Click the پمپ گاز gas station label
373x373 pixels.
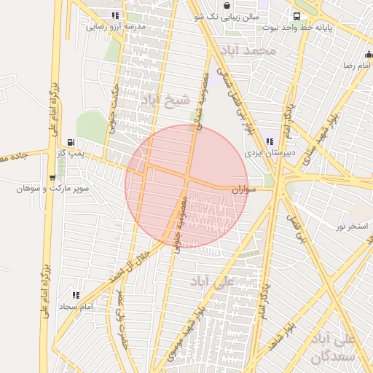point(72,154)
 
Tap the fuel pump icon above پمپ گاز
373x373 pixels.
point(71,142)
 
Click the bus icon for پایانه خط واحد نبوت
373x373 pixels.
point(297,16)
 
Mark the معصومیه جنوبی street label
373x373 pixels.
point(180,223)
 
